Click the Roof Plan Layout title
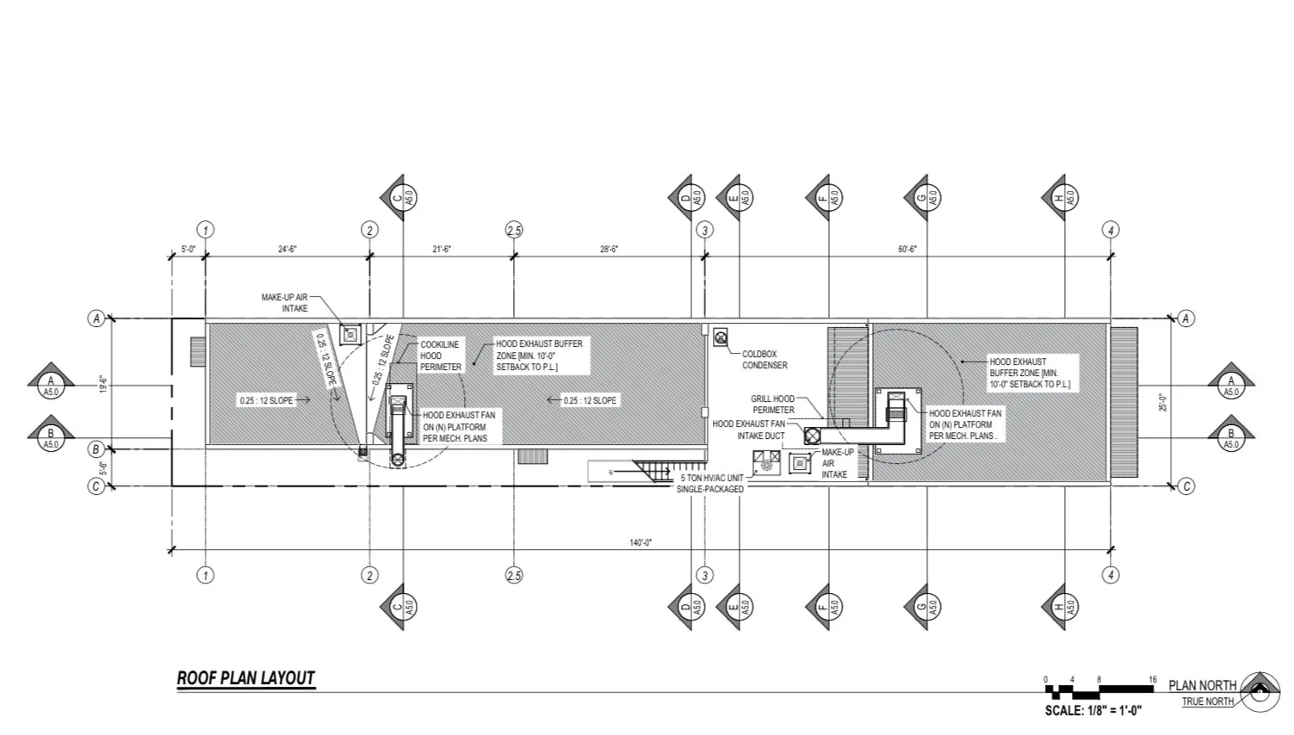click(x=245, y=678)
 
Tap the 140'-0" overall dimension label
click(x=640, y=542)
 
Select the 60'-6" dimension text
click(x=907, y=249)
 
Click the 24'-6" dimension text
click(x=287, y=249)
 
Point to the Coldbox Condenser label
click(x=765, y=359)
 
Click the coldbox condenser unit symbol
click(x=720, y=336)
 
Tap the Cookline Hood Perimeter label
click(x=440, y=355)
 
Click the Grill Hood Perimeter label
click(x=772, y=405)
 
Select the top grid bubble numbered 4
click(x=1111, y=230)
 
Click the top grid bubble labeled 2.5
click(x=514, y=230)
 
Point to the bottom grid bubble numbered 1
click(x=205, y=576)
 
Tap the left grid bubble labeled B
click(x=96, y=449)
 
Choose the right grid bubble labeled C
click(x=1186, y=486)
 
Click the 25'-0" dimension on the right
click(x=1161, y=401)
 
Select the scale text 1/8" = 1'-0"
click(x=1093, y=711)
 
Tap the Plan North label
click(x=1202, y=685)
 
